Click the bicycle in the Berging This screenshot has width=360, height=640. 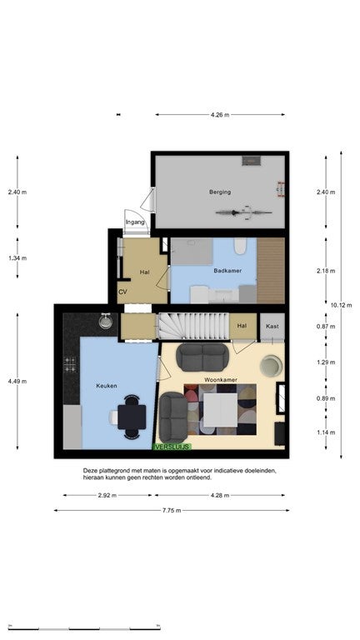click(x=243, y=212)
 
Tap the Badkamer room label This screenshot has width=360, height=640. click(x=227, y=271)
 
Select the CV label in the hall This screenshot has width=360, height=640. click(x=122, y=292)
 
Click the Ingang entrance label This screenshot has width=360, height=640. click(x=135, y=222)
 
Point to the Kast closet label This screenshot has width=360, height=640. click(x=272, y=326)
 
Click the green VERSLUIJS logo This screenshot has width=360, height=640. click(x=172, y=447)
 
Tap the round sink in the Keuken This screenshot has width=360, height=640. click(x=106, y=322)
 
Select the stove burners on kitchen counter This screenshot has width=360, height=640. click(x=70, y=364)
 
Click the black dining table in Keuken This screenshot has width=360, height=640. click(x=132, y=417)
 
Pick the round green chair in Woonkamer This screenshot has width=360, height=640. click(x=272, y=365)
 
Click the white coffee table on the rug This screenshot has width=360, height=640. click(x=220, y=410)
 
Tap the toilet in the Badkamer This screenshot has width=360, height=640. click(x=240, y=246)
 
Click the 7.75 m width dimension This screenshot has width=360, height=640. click(x=172, y=510)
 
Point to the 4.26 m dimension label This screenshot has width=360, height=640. click(x=220, y=115)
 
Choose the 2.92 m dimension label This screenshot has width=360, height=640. click(x=107, y=496)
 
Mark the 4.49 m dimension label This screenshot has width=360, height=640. click(x=17, y=381)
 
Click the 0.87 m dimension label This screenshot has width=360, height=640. click(x=326, y=326)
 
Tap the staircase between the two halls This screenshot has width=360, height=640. click(x=193, y=326)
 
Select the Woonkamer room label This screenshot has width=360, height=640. click(x=221, y=380)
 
